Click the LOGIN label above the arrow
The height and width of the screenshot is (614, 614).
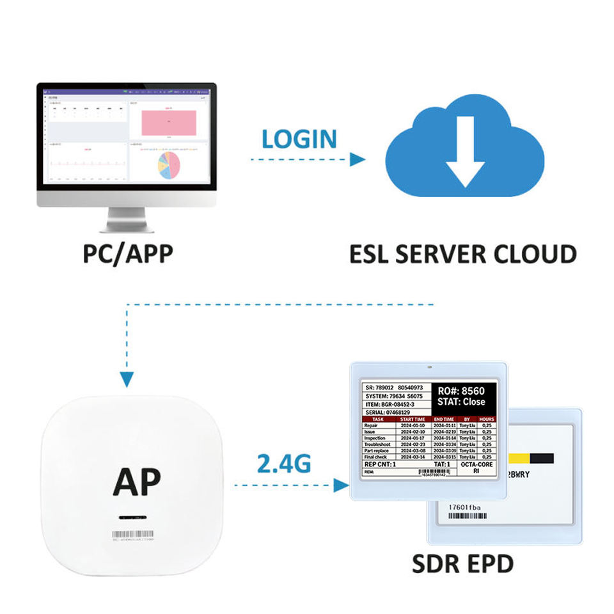tap(299, 139)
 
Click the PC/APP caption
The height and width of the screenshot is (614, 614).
tap(128, 254)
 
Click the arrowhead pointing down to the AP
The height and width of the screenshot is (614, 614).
tap(127, 380)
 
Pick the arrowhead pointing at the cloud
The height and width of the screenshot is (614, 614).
tap(357, 159)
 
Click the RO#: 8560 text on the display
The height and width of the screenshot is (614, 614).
tap(460, 391)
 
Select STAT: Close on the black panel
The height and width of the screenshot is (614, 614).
tap(460, 402)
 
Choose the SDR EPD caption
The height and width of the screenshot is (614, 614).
tap(462, 563)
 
